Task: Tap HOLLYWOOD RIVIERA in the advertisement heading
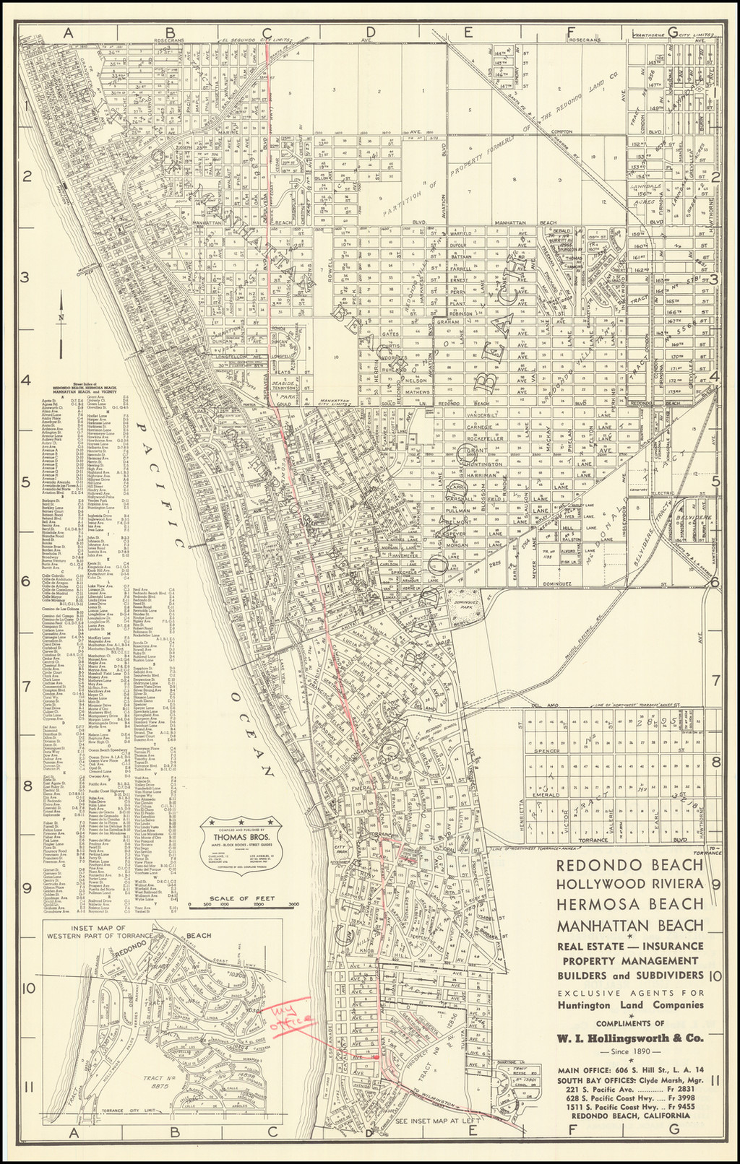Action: coord(629,884)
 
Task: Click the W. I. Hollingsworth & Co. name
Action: coord(629,1038)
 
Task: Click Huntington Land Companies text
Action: coord(629,1005)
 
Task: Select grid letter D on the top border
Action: coord(371,32)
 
